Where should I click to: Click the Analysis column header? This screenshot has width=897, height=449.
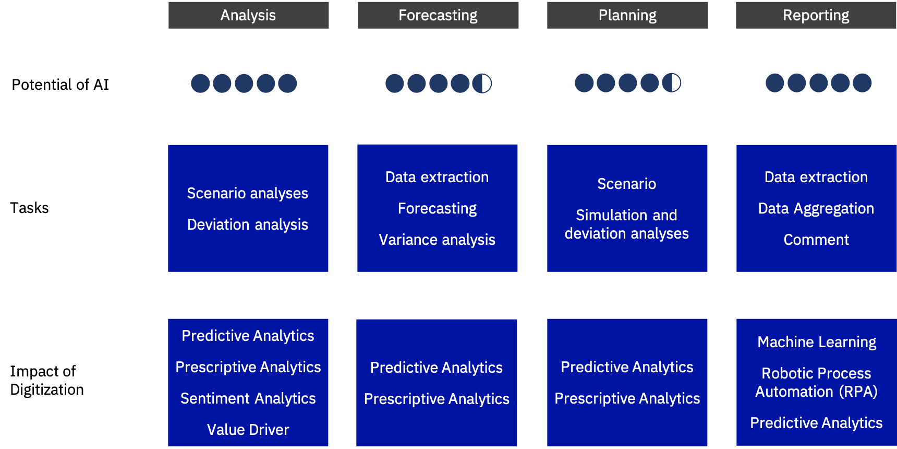248,15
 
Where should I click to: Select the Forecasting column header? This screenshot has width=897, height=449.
438,15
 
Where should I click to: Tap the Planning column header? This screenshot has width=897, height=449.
627,15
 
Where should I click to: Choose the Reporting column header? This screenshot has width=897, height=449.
816,15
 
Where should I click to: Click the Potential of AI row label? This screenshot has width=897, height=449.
60,85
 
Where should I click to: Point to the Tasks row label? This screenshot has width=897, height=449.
29,208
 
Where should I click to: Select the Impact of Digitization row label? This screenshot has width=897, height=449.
47,380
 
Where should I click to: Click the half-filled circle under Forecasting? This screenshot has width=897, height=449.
482,84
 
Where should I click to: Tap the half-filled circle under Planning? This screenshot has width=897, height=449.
671,83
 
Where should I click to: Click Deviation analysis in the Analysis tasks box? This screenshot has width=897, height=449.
248,224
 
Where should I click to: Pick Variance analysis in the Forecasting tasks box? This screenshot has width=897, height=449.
437,240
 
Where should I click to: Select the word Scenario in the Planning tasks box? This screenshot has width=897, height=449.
627,184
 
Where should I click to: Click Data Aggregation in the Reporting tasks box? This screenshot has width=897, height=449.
816,209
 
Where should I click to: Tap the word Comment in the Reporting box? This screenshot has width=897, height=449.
816,240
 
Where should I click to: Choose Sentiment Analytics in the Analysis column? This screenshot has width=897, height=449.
248,399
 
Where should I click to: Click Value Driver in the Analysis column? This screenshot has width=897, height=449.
248,430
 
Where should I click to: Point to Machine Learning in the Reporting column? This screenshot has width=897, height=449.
817,342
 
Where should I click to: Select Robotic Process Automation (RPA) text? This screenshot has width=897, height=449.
817,383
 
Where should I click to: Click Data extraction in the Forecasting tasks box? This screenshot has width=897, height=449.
437,177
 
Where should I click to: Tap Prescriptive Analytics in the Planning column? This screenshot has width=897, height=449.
627,399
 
